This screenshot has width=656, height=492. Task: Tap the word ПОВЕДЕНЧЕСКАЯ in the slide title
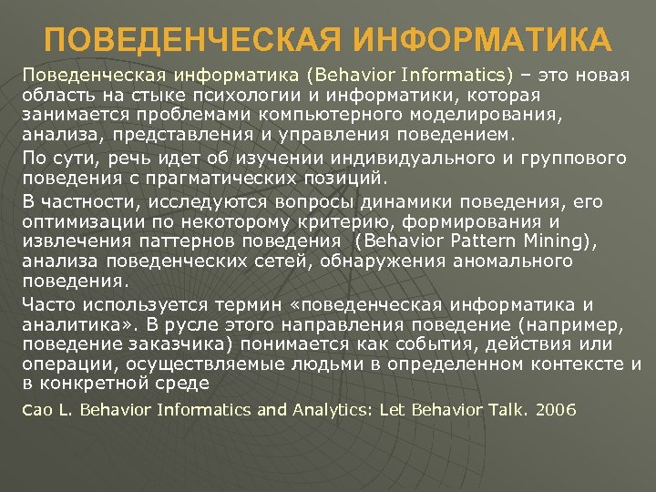click(x=192, y=41)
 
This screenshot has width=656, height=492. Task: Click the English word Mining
click(x=557, y=241)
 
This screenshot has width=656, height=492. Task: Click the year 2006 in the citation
click(x=556, y=410)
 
